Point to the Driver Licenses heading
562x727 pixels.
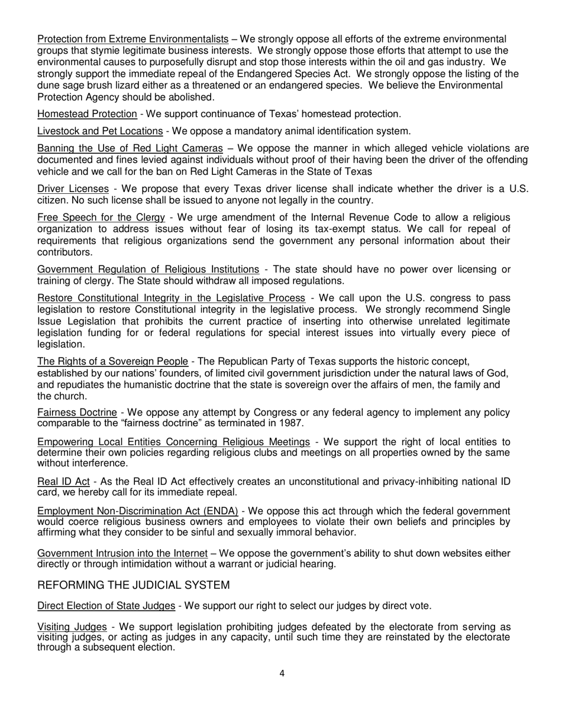(73, 189)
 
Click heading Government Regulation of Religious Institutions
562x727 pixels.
(148, 270)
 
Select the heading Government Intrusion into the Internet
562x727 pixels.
(122, 553)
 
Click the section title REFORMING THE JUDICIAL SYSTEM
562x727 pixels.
(133, 585)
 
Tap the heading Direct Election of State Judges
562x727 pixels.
(106, 606)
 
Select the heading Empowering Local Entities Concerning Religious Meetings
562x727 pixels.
(173, 442)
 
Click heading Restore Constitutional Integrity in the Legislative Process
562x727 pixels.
(171, 298)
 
